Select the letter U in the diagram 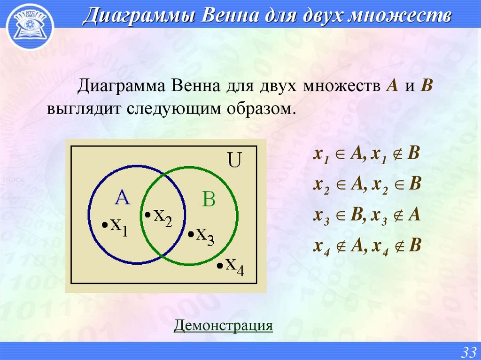(234, 161)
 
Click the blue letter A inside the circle (122, 199)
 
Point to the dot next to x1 (104, 225)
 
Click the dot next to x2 (147, 214)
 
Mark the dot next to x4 (219, 266)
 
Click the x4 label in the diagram (234, 266)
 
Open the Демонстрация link (223, 325)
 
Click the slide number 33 (469, 352)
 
